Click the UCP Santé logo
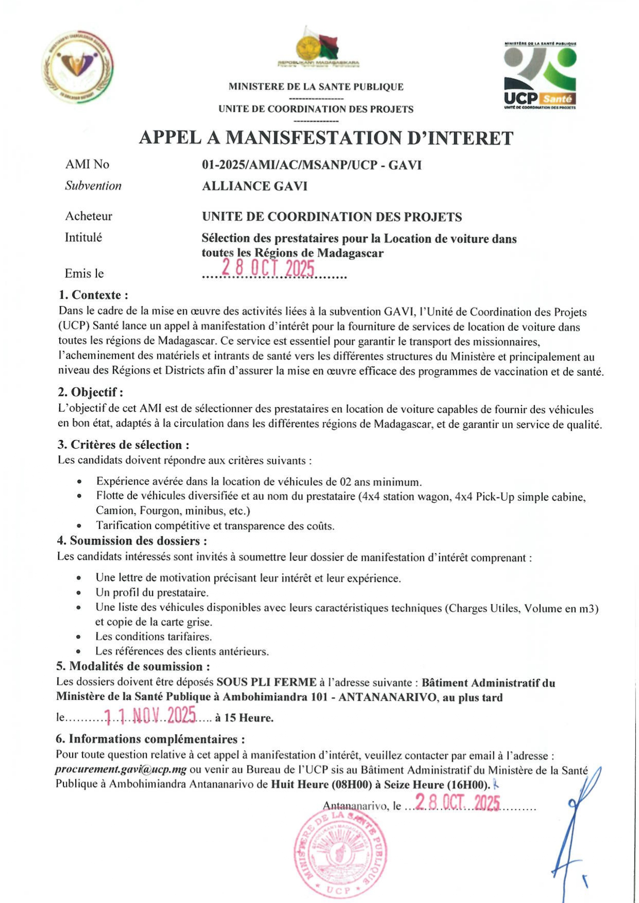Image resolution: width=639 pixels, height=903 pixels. (x=540, y=76)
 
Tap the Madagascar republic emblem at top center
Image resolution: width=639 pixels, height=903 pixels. (x=317, y=48)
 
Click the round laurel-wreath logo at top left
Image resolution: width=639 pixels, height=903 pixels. (x=78, y=66)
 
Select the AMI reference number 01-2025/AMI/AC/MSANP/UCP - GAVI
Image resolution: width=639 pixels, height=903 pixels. (x=312, y=165)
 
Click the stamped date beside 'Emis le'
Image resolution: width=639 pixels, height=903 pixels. (x=267, y=269)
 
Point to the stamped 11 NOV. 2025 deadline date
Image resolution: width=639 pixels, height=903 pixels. (x=150, y=715)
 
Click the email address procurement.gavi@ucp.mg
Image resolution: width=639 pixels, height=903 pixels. (x=121, y=770)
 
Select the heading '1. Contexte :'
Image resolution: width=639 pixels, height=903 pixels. (x=93, y=295)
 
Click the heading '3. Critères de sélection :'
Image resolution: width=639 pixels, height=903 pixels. (x=123, y=445)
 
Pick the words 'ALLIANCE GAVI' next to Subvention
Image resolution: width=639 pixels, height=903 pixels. (x=254, y=186)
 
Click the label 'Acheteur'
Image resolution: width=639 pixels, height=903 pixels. (x=89, y=216)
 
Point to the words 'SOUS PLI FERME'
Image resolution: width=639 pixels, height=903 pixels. (x=266, y=682)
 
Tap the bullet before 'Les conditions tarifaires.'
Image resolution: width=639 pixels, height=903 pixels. (x=79, y=637)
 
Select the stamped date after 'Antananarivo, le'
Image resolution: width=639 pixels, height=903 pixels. (x=458, y=803)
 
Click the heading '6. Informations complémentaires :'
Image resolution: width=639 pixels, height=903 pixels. (x=150, y=739)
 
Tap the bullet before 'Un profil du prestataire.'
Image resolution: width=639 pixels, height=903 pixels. (x=79, y=593)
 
